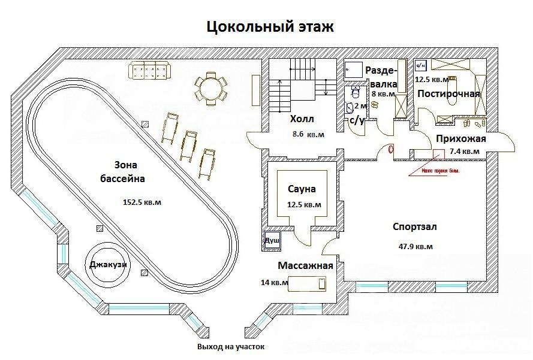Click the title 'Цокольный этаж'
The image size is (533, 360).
(270, 27)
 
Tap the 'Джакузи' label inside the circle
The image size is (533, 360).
(109, 264)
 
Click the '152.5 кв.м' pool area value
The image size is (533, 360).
(141, 202)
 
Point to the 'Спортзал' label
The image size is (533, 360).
(414, 227)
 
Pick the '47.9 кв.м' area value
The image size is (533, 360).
(415, 246)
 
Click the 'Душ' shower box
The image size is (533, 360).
(272, 240)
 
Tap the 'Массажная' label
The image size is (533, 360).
(305, 265)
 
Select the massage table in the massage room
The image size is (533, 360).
(308, 282)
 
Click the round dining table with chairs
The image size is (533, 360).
(210, 89)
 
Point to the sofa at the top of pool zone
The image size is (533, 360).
(150, 71)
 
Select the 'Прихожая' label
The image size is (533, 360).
(460, 139)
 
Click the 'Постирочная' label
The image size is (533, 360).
(448, 93)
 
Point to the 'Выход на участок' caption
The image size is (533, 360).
(230, 347)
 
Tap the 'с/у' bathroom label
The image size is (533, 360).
(357, 120)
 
